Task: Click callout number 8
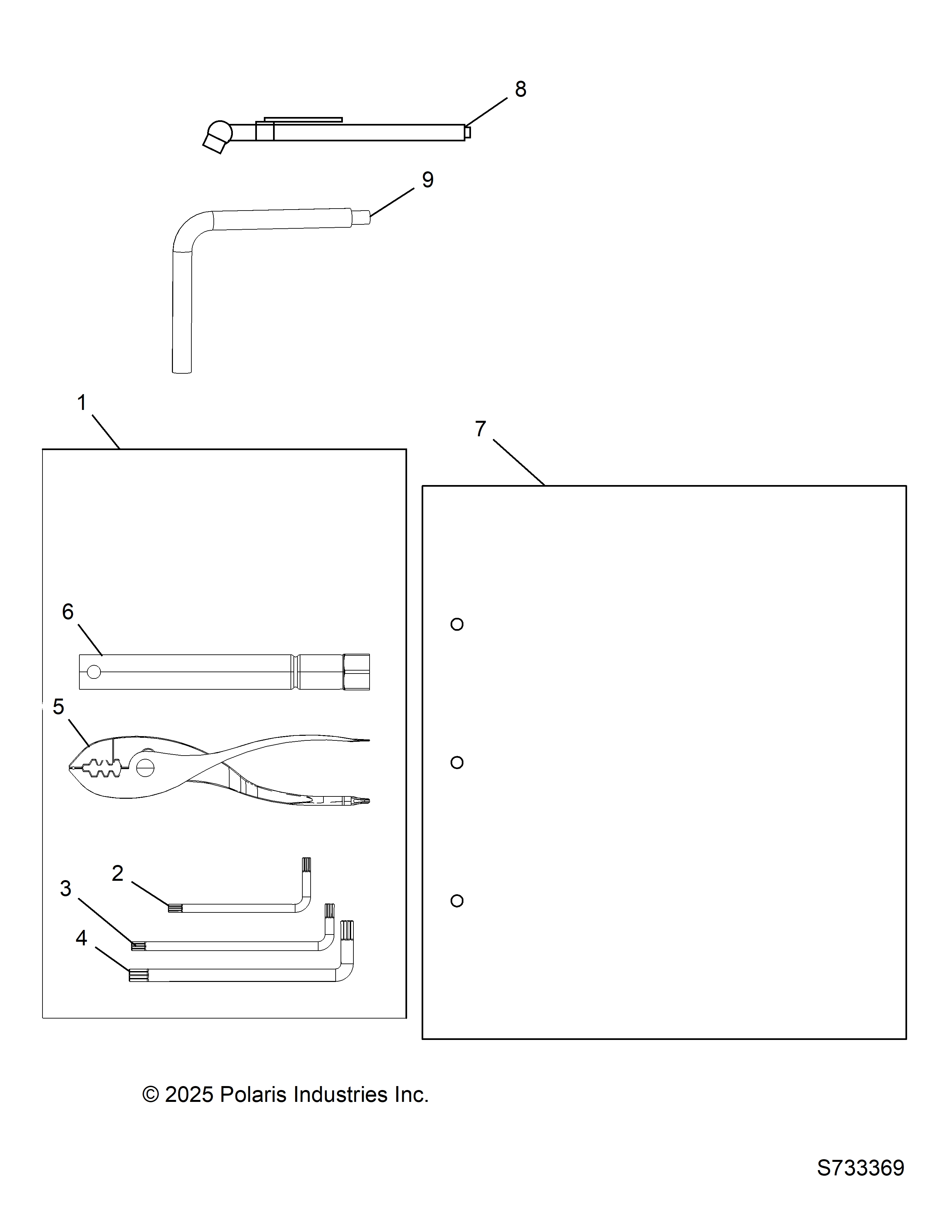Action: (520, 89)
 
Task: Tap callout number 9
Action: (428, 180)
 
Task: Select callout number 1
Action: (82, 403)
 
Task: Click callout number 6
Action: (68, 612)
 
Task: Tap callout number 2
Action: (117, 874)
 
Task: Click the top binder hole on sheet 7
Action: (457, 624)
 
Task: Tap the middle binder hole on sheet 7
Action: (457, 763)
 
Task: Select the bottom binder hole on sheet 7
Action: (457, 901)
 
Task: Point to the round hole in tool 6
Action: (94, 672)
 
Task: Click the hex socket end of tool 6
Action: (356, 672)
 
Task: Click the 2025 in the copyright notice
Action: (189, 1095)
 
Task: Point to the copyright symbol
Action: (151, 1095)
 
